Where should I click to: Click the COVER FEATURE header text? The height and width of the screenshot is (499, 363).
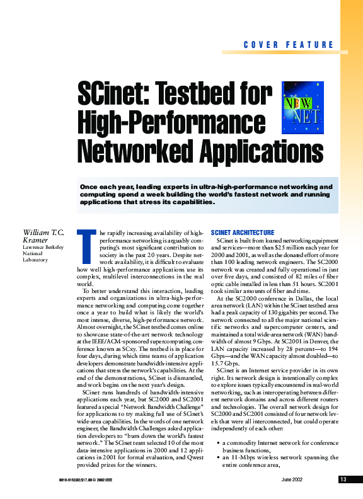288,45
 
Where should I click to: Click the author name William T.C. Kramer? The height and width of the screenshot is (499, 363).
43,236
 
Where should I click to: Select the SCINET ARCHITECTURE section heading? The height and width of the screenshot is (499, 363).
243,232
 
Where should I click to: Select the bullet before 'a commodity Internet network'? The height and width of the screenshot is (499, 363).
217,442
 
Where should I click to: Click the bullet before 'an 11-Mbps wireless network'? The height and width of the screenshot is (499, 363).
217,457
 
